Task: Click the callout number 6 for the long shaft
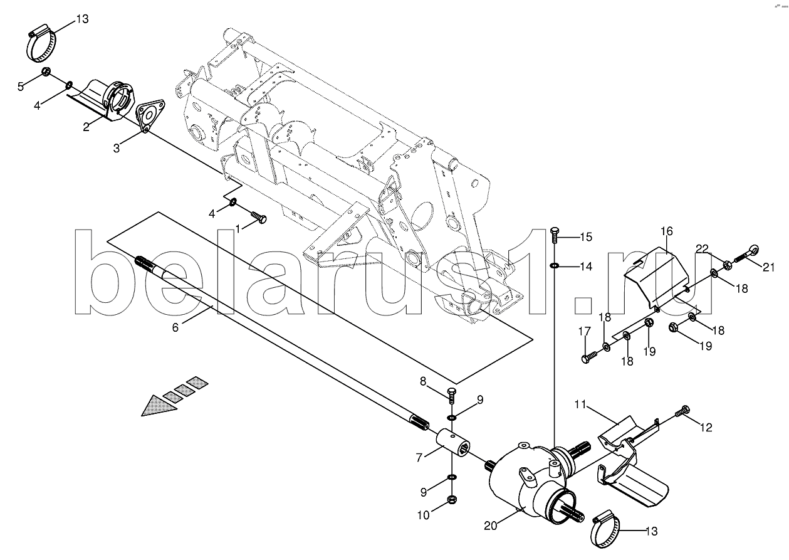[175, 327]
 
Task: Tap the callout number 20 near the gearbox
[490, 526]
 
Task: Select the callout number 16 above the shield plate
[667, 231]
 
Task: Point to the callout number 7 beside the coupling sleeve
[419, 458]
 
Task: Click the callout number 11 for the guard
[580, 404]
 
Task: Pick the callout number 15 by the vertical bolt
[586, 237]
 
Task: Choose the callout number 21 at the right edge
[768, 268]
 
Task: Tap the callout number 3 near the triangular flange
[116, 149]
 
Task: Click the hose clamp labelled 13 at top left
[42, 44]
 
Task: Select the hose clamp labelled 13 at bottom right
[605, 533]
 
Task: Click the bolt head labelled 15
[554, 233]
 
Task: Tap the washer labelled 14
[554, 265]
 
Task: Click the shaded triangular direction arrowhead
[159, 405]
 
